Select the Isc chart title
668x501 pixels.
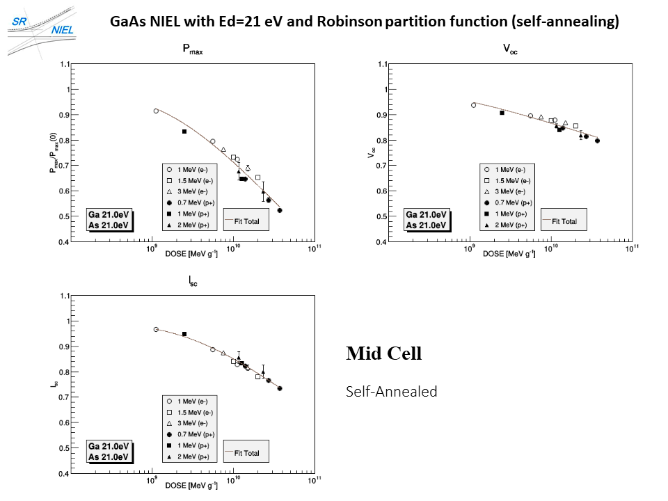[x=193, y=282]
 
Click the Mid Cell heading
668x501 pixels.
[x=384, y=353]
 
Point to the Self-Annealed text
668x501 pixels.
[x=392, y=392]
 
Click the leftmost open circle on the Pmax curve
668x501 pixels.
[x=156, y=111]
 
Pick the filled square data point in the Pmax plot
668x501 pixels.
[x=184, y=132]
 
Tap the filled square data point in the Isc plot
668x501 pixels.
[x=184, y=334]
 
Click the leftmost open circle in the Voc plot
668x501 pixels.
[x=474, y=105]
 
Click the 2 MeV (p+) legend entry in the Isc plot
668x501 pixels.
[x=189, y=457]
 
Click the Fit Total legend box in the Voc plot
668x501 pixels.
[x=564, y=221]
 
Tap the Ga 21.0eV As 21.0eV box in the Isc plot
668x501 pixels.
[x=108, y=452]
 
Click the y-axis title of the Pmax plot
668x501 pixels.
[x=53, y=153]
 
